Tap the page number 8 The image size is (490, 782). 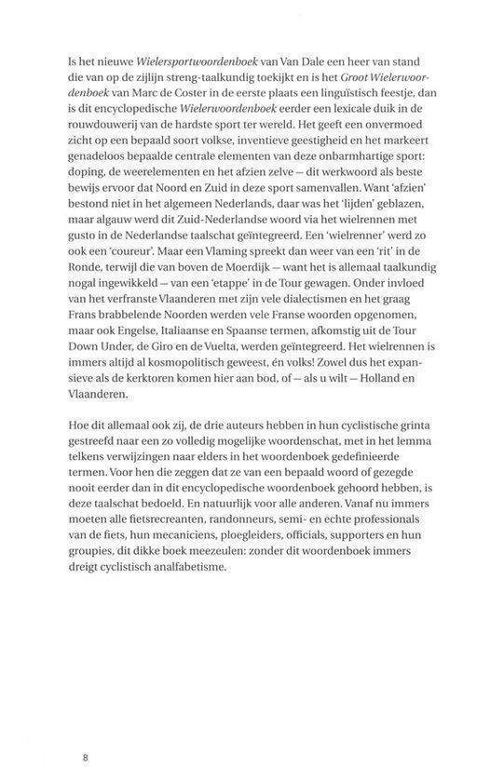pyautogui.click(x=85, y=760)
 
